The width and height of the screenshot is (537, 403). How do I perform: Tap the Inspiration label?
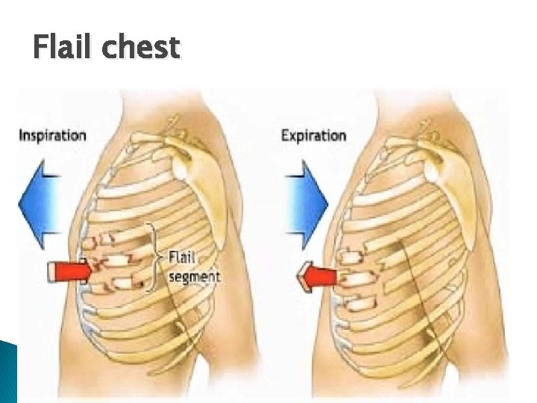(x=52, y=136)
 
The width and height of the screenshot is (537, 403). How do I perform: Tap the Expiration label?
(x=313, y=136)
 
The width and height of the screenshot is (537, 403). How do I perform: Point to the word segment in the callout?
(x=194, y=277)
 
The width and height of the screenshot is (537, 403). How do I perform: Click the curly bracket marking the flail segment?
(x=154, y=256)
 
